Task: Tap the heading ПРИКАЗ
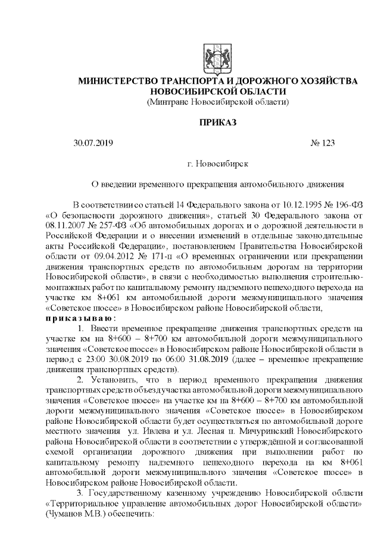pos(217,123)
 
